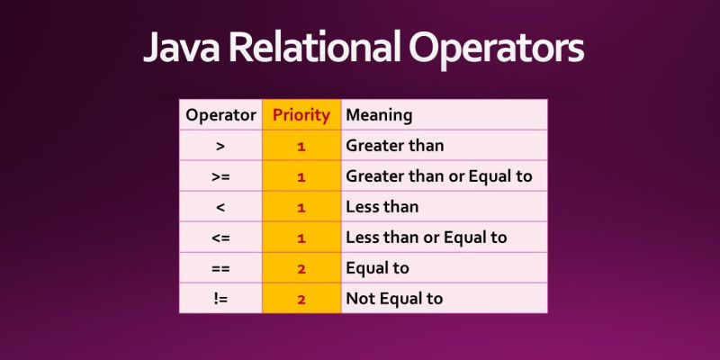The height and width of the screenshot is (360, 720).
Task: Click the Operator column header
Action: [220, 115]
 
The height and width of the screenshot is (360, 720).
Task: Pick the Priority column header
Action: [301, 115]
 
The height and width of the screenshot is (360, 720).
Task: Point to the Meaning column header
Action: [379, 115]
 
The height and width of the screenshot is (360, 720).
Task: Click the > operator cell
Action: [220, 145]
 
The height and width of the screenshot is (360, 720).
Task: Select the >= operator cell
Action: [220, 176]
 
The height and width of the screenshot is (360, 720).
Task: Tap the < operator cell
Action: [220, 207]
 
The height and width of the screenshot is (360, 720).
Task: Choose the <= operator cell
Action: [220, 238]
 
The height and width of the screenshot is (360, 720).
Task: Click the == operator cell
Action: [220, 268]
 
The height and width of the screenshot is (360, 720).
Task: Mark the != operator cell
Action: [220, 299]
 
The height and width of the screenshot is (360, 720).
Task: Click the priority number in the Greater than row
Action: [301, 145]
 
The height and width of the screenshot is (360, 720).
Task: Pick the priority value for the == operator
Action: [301, 268]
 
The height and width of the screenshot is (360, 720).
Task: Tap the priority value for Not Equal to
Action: [301, 299]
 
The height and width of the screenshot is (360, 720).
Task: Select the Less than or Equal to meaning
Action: [427, 238]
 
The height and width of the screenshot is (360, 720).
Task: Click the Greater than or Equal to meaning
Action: [439, 176]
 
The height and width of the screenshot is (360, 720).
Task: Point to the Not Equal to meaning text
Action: [394, 299]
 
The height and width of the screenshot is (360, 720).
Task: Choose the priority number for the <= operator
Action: [301, 238]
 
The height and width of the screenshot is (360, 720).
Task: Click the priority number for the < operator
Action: [301, 207]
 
